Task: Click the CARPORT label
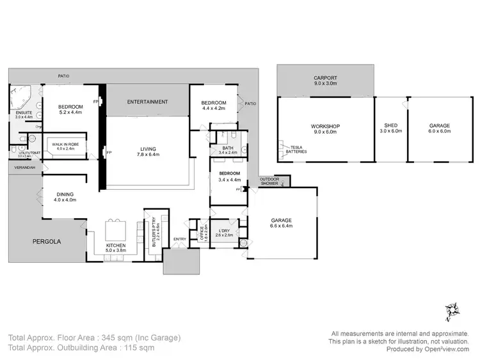(325, 77)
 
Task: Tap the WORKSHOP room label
(325, 126)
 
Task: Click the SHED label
(390, 126)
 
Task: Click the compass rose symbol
(454, 311)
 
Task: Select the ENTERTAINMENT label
(147, 102)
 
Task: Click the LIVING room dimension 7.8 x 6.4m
(148, 155)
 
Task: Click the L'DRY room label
(223, 230)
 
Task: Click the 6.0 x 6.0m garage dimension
(439, 132)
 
